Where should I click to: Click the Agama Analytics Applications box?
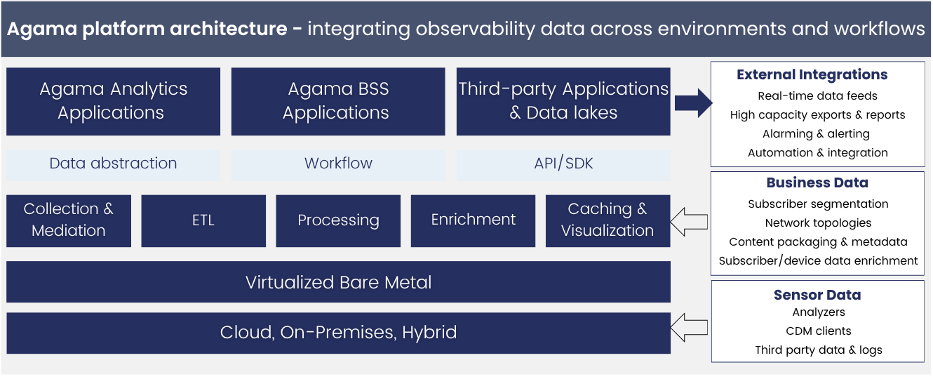click(x=113, y=101)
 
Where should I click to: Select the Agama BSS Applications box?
click(x=337, y=101)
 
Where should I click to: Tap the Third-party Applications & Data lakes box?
click(x=563, y=101)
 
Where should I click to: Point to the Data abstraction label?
click(x=113, y=164)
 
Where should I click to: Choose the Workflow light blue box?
click(x=337, y=164)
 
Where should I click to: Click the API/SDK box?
click(x=563, y=164)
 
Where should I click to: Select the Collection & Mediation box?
click(x=69, y=220)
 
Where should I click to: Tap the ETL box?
click(x=203, y=220)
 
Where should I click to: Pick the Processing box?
click(x=338, y=220)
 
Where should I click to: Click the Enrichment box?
click(x=473, y=220)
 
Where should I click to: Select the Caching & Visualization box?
click(x=608, y=220)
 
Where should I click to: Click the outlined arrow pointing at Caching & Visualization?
click(x=689, y=222)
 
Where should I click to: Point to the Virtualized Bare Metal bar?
click(x=338, y=282)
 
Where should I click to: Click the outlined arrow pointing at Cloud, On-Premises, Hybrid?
click(x=689, y=327)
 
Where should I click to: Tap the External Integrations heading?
click(x=812, y=75)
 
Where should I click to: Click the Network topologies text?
click(x=818, y=222)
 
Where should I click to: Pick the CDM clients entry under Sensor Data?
click(x=818, y=331)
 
